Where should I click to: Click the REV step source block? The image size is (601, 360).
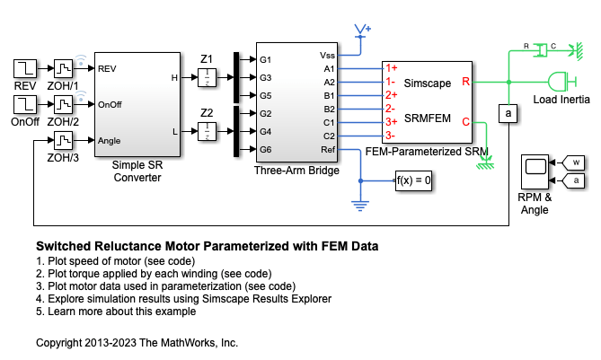tap(24, 69)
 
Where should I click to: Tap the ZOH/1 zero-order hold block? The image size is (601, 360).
tap(63, 69)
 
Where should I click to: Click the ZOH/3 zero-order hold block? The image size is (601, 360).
tap(63, 140)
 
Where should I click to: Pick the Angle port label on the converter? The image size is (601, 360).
tap(110, 140)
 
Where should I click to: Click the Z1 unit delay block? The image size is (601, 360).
tap(208, 77)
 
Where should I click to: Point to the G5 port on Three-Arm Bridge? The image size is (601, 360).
tap(266, 95)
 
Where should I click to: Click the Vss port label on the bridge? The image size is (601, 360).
tap(328, 55)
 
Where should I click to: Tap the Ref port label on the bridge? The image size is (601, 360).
tap(330, 149)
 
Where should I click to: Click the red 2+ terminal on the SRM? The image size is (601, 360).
tap(391, 94)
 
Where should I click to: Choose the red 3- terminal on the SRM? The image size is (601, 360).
tap(389, 135)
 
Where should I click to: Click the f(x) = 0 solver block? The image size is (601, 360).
tap(414, 180)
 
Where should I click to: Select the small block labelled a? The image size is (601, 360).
tap(508, 113)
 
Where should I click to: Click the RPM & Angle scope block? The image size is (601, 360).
tap(536, 172)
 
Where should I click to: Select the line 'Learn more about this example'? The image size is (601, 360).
tap(118, 312)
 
